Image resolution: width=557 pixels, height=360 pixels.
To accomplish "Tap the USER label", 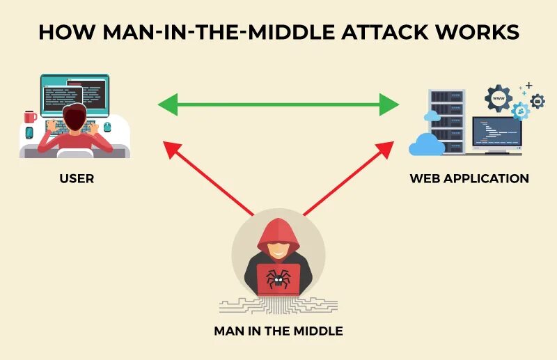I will [77, 178].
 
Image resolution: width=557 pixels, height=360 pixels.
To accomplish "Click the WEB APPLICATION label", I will [469, 178].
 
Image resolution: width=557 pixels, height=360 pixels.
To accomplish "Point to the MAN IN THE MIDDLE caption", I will [278, 331].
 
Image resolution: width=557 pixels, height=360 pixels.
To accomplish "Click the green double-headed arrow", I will [278, 106].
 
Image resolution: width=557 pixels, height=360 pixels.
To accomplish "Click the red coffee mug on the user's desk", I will [30, 116].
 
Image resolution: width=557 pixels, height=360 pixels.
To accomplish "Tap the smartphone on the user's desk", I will [29, 132].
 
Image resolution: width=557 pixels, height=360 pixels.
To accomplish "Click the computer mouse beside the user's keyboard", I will [107, 127].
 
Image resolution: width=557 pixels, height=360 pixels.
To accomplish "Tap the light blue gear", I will [519, 110].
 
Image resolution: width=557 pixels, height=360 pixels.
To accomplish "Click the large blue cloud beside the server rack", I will [427, 144].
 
